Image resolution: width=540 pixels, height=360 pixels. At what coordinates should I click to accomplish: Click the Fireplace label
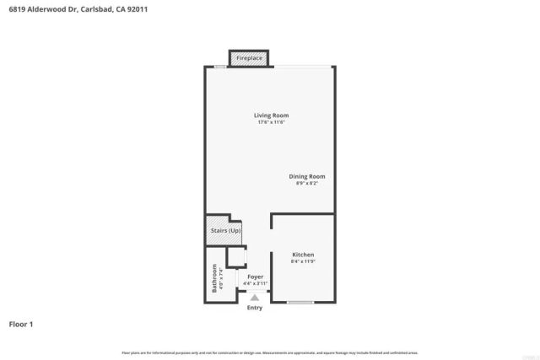249,58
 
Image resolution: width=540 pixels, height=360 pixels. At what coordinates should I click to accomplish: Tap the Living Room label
272,116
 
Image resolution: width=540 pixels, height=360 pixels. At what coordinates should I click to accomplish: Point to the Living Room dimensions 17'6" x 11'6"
272,123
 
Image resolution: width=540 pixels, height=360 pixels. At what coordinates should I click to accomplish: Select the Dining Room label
307,176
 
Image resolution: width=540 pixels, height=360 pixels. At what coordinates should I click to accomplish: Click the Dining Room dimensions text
307,184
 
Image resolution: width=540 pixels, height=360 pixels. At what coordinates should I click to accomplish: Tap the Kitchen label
303,255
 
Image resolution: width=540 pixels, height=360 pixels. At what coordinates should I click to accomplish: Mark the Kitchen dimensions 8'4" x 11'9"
303,261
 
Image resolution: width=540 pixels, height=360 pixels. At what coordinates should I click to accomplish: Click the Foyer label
255,277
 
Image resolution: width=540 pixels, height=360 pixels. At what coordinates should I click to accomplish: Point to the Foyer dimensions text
255,283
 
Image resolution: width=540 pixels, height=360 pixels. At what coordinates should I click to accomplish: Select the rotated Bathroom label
214,277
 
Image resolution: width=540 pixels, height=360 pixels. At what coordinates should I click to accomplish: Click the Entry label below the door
254,308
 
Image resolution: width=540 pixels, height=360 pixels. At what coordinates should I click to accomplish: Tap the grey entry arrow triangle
254,298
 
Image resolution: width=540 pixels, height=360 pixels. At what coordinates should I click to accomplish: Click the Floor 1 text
20,324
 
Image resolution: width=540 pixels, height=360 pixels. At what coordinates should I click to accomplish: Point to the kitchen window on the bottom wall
300,301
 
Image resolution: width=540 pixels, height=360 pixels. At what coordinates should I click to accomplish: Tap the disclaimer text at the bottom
270,352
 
